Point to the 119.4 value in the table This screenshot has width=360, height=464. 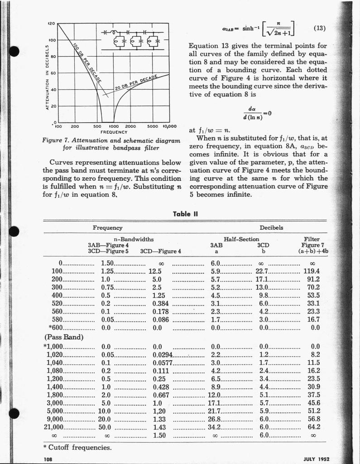pyautogui.click(x=311, y=271)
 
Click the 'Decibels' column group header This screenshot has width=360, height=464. pyautogui.click(x=271, y=227)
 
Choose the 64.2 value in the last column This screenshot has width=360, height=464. pyautogui.click(x=314, y=426)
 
